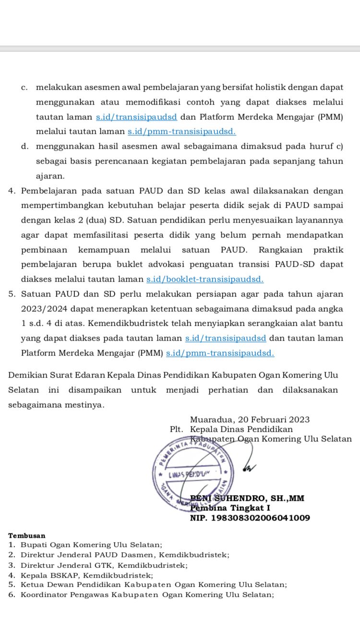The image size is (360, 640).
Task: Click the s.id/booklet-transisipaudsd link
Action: pyautogui.click(x=205, y=279)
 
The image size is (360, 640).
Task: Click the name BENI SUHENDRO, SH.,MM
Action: pyautogui.click(x=248, y=498)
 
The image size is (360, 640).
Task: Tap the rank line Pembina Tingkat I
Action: pyautogui.click(x=230, y=508)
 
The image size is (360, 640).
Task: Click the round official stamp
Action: pyautogui.click(x=191, y=472)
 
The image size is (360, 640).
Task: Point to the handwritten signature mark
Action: pyautogui.click(x=249, y=465)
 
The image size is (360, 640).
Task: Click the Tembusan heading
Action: pyautogui.click(x=27, y=535)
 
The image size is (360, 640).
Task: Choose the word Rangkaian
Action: pyautogui.click(x=281, y=249)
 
